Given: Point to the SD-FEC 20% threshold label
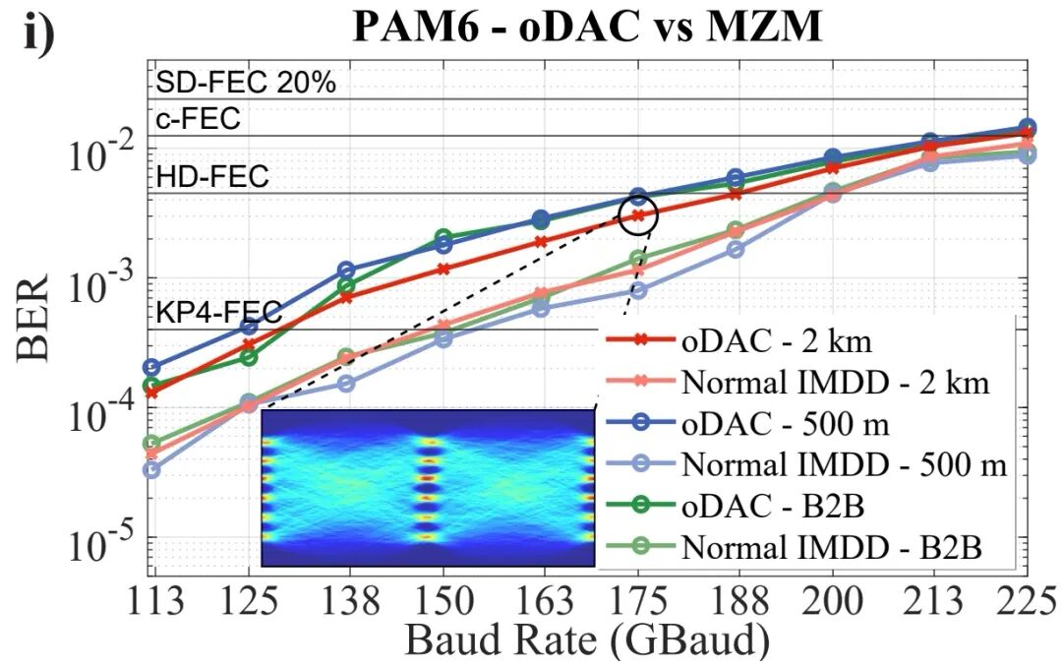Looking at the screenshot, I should coord(246,84).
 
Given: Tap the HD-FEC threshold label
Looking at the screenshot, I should coord(211,177).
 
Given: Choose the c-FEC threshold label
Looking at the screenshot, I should coord(197,120).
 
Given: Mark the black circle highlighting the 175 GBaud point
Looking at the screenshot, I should coord(637,215).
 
